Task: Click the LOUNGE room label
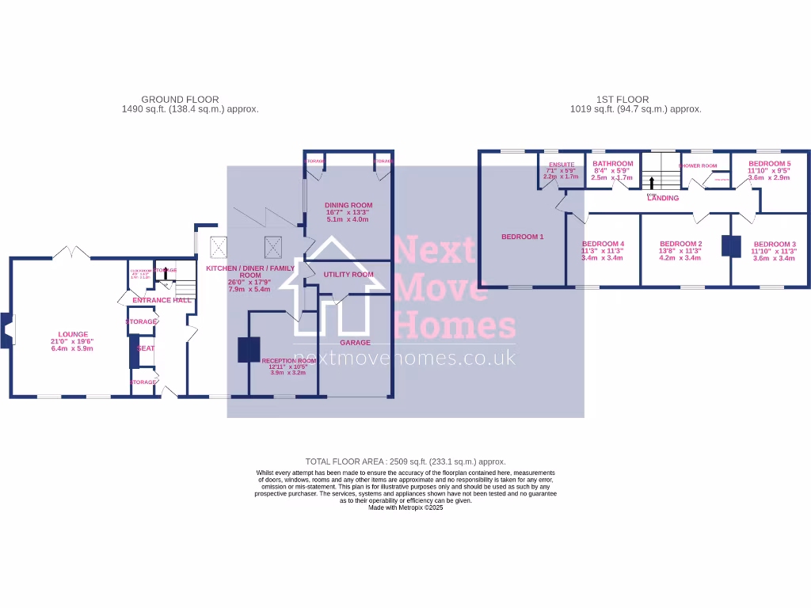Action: point(72,334)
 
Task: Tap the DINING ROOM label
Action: point(348,205)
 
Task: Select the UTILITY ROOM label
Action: point(348,275)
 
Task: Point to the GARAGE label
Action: point(355,343)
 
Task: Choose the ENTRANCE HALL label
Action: point(162,300)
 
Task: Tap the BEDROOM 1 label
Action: point(523,237)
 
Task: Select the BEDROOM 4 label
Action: point(603,244)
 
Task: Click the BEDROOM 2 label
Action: point(680,244)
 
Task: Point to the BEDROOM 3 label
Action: point(774,244)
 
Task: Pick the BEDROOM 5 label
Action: point(769,164)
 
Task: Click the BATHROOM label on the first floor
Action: point(613,164)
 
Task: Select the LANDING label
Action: point(663,198)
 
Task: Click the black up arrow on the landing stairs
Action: point(652,181)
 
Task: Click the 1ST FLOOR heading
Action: point(623,100)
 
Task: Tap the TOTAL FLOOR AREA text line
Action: point(405,461)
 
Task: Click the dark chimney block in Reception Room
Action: point(249,350)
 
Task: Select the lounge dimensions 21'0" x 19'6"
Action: point(72,341)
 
